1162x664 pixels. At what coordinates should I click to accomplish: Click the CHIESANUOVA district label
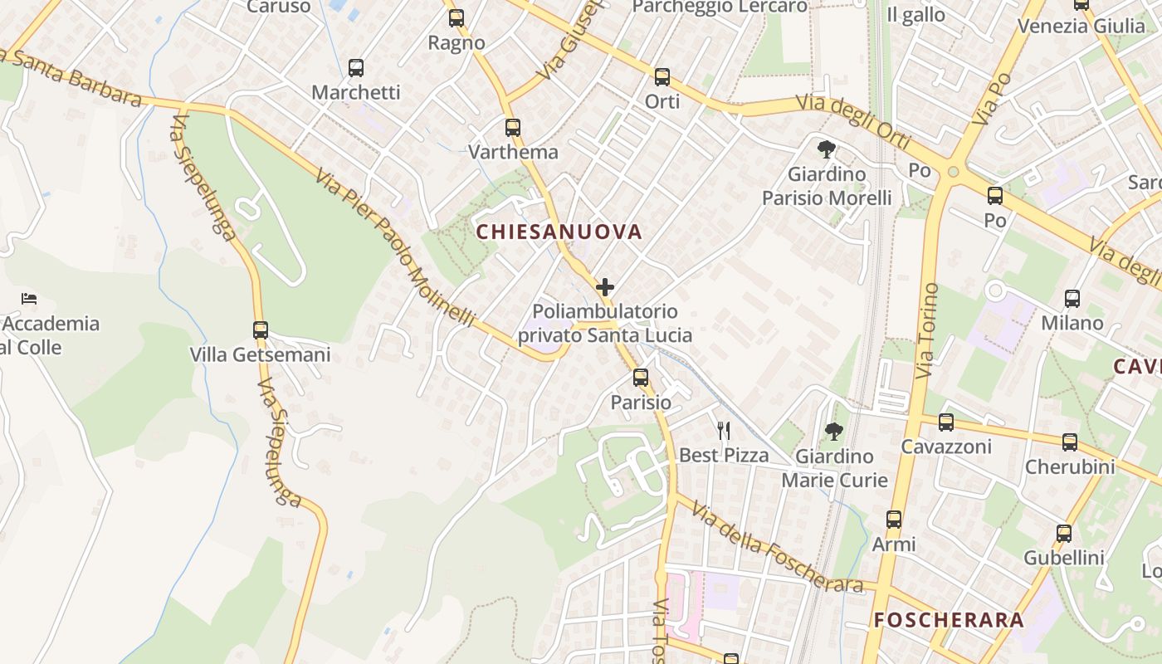[x=559, y=232]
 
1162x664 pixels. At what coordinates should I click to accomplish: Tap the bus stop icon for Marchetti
[x=356, y=68]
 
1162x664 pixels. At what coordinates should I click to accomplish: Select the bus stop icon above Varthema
[x=513, y=128]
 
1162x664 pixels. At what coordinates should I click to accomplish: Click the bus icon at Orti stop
[x=662, y=77]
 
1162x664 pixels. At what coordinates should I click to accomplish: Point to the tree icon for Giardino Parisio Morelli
[x=826, y=149]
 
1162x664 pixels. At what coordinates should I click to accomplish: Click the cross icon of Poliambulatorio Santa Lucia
[x=605, y=288]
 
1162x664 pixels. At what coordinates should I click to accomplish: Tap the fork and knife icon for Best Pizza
[x=724, y=430]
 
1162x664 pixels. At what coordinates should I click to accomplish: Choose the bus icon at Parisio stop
[x=641, y=378]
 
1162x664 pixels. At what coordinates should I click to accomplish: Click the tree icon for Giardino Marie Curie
[x=833, y=432]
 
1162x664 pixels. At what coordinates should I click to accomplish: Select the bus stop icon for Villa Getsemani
[x=261, y=330]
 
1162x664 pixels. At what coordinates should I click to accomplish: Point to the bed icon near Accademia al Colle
[x=29, y=299]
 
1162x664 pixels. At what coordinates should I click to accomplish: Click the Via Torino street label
[x=928, y=331]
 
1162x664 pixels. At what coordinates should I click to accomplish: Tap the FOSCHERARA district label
[x=949, y=620]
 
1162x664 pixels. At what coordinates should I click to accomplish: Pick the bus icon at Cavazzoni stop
[x=945, y=422]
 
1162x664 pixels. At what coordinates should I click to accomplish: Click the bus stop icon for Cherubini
[x=1070, y=442]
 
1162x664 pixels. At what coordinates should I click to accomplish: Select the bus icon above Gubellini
[x=1064, y=534]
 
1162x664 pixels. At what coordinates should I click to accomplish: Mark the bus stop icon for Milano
[x=1072, y=299]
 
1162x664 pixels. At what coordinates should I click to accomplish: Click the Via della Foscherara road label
[x=778, y=549]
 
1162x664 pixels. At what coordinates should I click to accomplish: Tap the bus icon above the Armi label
[x=894, y=520]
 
